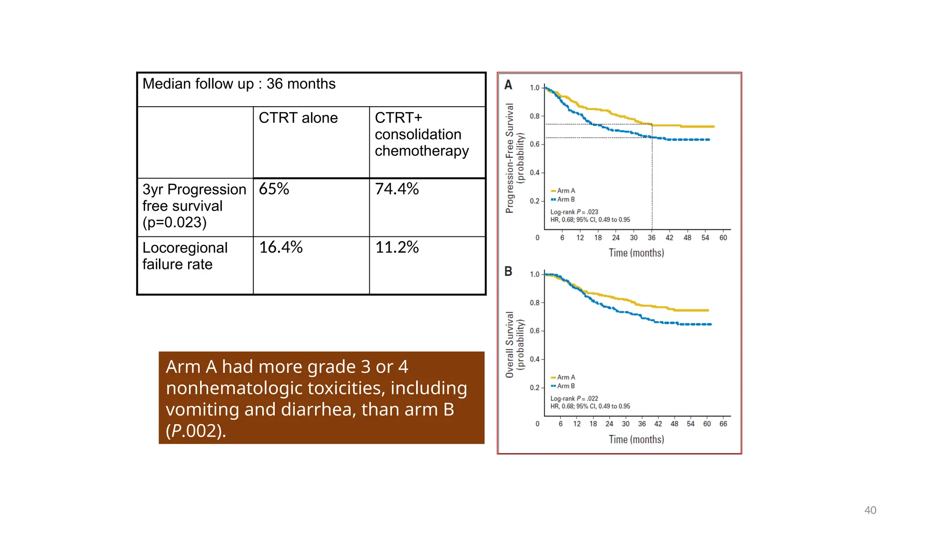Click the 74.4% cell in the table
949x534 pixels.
click(x=397, y=189)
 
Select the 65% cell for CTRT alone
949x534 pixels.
click(x=274, y=189)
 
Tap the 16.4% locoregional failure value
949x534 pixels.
click(x=281, y=248)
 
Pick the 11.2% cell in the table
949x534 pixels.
click(x=397, y=248)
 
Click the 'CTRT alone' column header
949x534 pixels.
click(x=298, y=118)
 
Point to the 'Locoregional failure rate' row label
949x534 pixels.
click(x=184, y=256)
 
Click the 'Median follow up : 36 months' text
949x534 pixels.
click(x=239, y=84)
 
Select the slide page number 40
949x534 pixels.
click(x=870, y=510)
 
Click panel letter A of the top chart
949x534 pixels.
click(x=508, y=85)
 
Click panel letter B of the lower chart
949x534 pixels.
click(x=508, y=271)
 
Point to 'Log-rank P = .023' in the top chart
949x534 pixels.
click(x=574, y=212)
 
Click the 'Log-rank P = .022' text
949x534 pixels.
click(x=574, y=398)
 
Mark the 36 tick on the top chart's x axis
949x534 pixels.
click(x=652, y=238)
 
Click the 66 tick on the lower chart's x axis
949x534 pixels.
click(x=723, y=424)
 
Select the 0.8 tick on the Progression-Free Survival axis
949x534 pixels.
click(x=535, y=116)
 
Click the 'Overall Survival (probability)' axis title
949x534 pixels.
click(x=514, y=344)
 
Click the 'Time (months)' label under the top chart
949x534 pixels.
click(x=636, y=253)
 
